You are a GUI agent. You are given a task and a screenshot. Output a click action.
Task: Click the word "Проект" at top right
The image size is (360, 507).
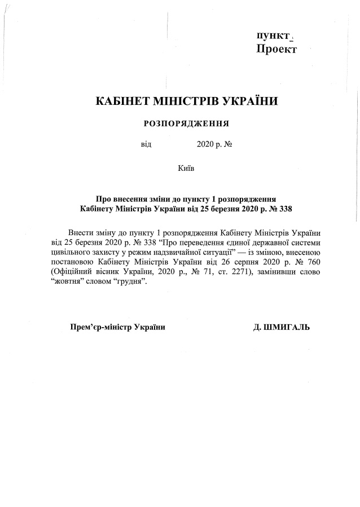tap(276, 49)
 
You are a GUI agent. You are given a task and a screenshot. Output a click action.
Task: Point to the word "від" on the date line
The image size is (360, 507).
tap(146, 144)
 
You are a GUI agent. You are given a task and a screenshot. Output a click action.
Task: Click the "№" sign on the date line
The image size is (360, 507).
tap(229, 144)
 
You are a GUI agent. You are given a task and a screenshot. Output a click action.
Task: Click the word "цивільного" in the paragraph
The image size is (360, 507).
tap(70, 253)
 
